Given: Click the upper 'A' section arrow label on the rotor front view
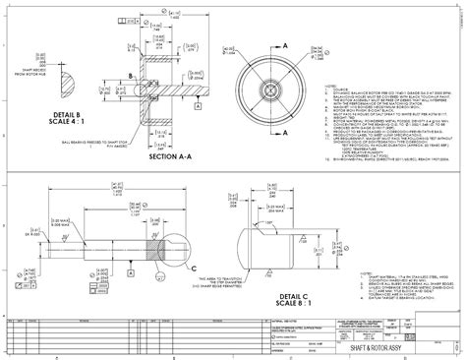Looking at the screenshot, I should click(x=285, y=45).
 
